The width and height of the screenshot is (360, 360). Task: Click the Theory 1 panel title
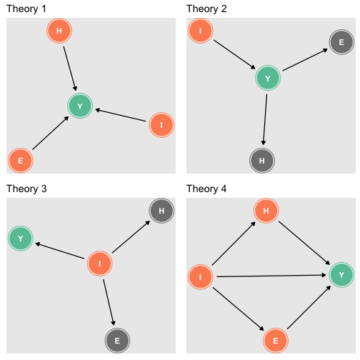pyautogui.click(x=26, y=9)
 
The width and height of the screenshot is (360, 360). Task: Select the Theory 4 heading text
pyautogui.click(x=206, y=189)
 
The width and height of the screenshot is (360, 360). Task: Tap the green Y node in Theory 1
pyautogui.click(x=80, y=106)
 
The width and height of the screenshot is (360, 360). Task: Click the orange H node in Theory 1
pyautogui.click(x=59, y=31)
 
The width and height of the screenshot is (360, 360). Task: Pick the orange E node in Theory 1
pyautogui.click(x=21, y=161)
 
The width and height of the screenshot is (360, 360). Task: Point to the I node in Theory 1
pyautogui.click(x=161, y=125)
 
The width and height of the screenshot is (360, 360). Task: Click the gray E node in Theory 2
pyautogui.click(x=341, y=42)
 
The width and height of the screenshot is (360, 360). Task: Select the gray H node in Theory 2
pyautogui.click(x=262, y=161)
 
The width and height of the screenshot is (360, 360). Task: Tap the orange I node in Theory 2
pyautogui.click(x=201, y=31)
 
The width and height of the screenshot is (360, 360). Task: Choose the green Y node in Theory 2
pyautogui.click(x=268, y=78)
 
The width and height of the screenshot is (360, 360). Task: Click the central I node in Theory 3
pyautogui.click(x=100, y=264)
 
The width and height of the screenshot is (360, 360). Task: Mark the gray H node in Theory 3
pyautogui.click(x=161, y=211)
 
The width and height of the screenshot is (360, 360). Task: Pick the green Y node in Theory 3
pyautogui.click(x=21, y=239)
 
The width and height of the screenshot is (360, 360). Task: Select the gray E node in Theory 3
pyautogui.click(x=117, y=341)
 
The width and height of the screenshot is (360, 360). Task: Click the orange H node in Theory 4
pyautogui.click(x=266, y=211)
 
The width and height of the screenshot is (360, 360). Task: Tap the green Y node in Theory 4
pyautogui.click(x=341, y=275)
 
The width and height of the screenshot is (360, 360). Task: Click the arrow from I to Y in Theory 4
pyautogui.click(x=271, y=276)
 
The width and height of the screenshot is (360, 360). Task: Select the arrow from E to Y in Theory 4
pyautogui.click(x=309, y=307)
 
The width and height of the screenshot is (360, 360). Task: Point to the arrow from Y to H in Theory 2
pyautogui.click(x=265, y=119)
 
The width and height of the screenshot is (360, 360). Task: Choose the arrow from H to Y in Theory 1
pyautogui.click(x=70, y=69)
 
